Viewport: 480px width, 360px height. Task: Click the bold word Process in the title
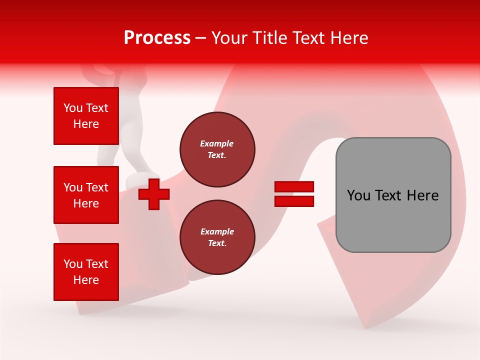157,38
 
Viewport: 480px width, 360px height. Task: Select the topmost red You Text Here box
86,116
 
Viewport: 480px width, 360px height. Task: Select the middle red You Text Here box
86,195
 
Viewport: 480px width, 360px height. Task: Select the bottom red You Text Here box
86,272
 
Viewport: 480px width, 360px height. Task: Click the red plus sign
154,194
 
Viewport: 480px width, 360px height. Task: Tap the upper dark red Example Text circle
217,149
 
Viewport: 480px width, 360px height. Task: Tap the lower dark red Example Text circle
217,237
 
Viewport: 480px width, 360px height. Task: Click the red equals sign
294,194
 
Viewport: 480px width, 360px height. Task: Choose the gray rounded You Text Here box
393,195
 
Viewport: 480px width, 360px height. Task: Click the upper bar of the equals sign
294,186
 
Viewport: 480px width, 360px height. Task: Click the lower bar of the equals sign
294,201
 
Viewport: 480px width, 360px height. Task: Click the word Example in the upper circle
216,143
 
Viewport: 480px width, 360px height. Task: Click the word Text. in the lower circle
217,243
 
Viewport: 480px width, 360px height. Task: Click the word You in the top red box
73,108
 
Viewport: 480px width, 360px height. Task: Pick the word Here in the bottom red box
86,280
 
